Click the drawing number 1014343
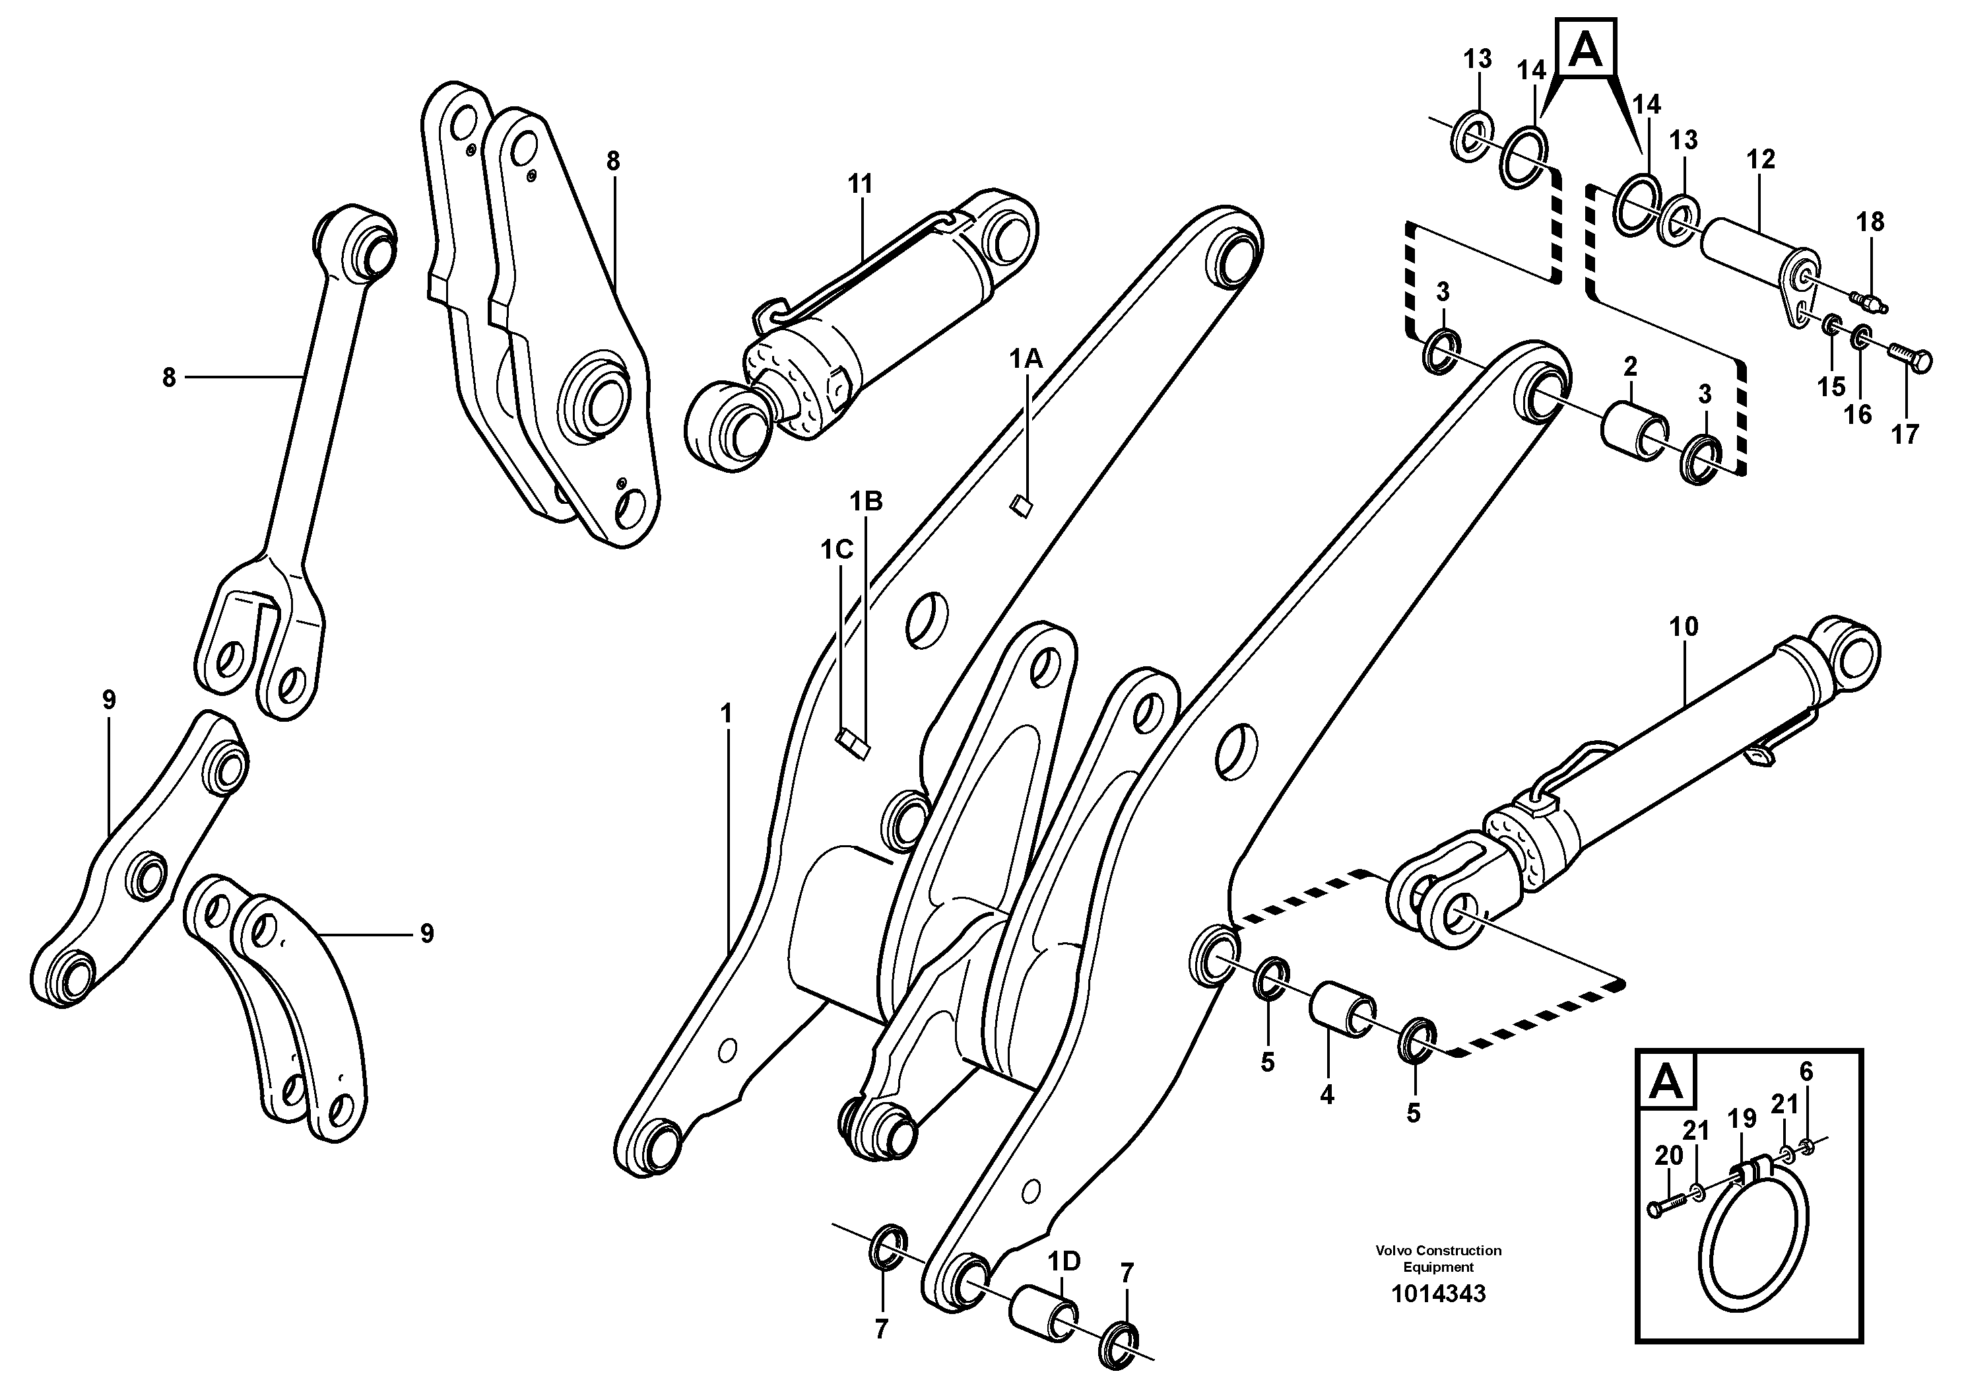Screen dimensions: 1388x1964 (x=1438, y=1294)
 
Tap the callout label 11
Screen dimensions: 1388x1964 (x=861, y=184)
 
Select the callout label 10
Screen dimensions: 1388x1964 (x=1684, y=627)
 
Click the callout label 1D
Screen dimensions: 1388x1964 (x=1065, y=1261)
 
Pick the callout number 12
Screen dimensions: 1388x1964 (x=1761, y=159)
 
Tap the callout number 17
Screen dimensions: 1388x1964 (x=1905, y=434)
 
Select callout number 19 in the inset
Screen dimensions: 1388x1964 (x=1742, y=1119)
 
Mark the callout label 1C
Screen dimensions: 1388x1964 (x=837, y=550)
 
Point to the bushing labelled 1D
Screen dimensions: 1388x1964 (x=1043, y=1319)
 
